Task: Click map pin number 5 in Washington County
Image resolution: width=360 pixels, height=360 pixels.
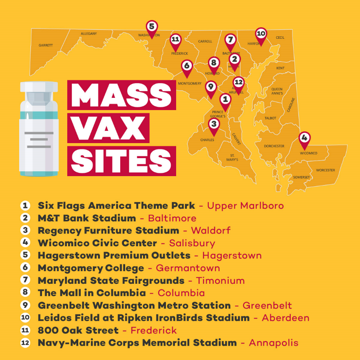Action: (152, 27)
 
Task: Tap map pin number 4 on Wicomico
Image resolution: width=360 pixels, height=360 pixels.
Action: (304, 138)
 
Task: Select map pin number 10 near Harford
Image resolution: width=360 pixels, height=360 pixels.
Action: (261, 34)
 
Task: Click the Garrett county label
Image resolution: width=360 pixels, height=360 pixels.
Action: (46, 45)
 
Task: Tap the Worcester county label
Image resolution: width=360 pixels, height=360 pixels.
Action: (325, 170)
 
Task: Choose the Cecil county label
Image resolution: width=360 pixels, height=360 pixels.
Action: (280, 38)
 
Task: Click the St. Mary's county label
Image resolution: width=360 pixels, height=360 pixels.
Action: (232, 157)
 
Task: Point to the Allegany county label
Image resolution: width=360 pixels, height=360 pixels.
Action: (88, 33)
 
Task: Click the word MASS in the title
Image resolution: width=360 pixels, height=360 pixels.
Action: (121, 95)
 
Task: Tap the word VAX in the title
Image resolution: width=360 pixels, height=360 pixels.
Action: (108, 128)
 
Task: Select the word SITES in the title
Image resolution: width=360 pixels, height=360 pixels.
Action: (121, 161)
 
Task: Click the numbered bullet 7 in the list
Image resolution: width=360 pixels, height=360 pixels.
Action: (25, 280)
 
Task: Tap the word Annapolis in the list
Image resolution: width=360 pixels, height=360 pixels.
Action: (274, 343)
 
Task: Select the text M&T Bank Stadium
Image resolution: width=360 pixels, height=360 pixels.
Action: (86, 218)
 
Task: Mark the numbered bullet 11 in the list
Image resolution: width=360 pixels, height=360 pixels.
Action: (25, 330)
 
